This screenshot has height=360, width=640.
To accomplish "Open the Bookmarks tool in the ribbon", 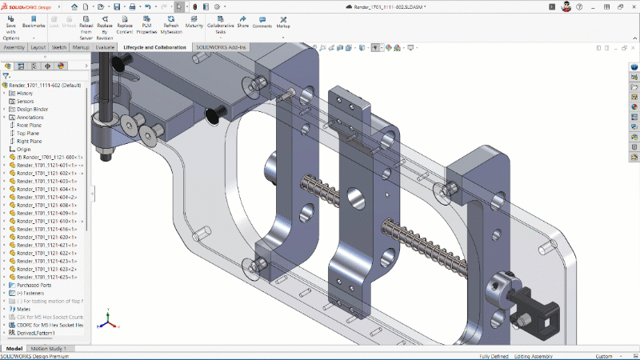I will (34, 25).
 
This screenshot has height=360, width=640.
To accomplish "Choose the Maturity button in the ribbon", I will (194, 25).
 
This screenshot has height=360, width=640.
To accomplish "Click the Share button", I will (242, 25).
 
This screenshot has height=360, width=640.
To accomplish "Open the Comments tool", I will (262, 25).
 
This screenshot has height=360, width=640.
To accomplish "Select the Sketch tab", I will (59, 47).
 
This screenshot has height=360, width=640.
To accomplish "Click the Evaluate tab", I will (105, 47).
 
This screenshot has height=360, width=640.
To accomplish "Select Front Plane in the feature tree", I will (30, 125).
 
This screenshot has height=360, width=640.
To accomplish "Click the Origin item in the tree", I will (24, 149).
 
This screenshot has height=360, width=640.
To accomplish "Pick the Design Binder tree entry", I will (33, 109).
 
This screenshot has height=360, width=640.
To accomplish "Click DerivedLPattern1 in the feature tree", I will (37, 332).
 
